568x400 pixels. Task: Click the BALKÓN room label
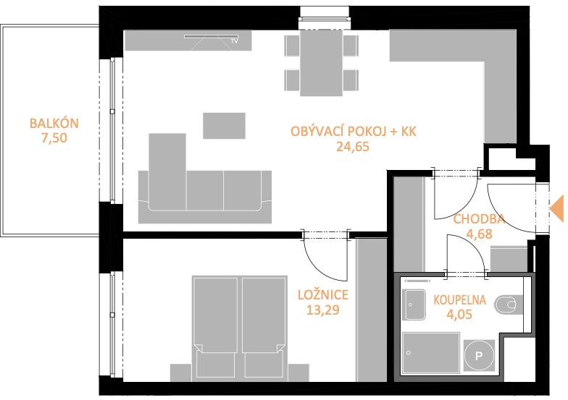point(54,123)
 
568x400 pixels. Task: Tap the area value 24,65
point(353,146)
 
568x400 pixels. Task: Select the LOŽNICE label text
point(323,295)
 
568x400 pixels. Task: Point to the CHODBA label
point(479,218)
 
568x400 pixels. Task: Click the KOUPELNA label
point(459,299)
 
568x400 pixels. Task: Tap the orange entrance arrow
point(556,208)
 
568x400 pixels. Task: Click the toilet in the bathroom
point(509,305)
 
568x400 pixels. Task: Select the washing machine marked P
point(479,356)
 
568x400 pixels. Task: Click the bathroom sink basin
point(414,305)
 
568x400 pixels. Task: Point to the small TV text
point(235,41)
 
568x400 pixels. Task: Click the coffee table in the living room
point(224,126)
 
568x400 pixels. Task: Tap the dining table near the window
point(322,63)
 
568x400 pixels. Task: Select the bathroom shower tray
point(431,353)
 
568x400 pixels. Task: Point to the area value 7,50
point(54,138)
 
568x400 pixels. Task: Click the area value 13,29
point(323,310)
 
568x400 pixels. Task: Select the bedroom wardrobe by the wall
point(372,310)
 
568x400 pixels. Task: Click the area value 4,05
point(459,314)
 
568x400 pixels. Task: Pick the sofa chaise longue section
point(167,171)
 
